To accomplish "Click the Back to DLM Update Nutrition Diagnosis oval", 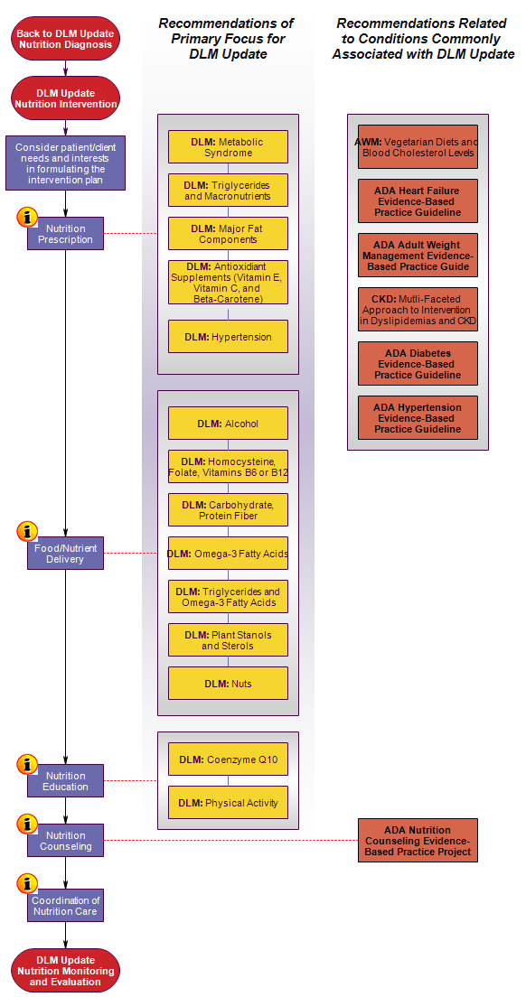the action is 65,39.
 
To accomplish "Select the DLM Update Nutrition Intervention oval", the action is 65,98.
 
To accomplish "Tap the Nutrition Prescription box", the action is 65,233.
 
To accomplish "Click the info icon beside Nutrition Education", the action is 27,764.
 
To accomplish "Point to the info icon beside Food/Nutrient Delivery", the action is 27,531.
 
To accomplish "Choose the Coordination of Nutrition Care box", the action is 65,905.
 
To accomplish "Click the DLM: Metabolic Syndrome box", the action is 228,147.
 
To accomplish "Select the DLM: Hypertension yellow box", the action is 228,336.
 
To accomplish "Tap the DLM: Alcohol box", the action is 228,424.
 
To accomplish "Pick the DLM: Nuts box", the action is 228,684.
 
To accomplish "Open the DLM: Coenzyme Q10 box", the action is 228,759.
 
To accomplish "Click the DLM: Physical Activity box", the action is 228,803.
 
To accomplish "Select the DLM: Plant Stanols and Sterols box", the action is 228,640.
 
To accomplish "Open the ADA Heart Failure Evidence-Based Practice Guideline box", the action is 418,200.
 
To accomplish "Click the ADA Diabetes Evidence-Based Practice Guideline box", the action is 418,364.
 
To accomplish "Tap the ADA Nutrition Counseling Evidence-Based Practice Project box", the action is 418,840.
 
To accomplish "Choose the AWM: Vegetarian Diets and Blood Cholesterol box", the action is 418,147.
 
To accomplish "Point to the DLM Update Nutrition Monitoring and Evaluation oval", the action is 65,970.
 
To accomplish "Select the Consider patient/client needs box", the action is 65,163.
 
